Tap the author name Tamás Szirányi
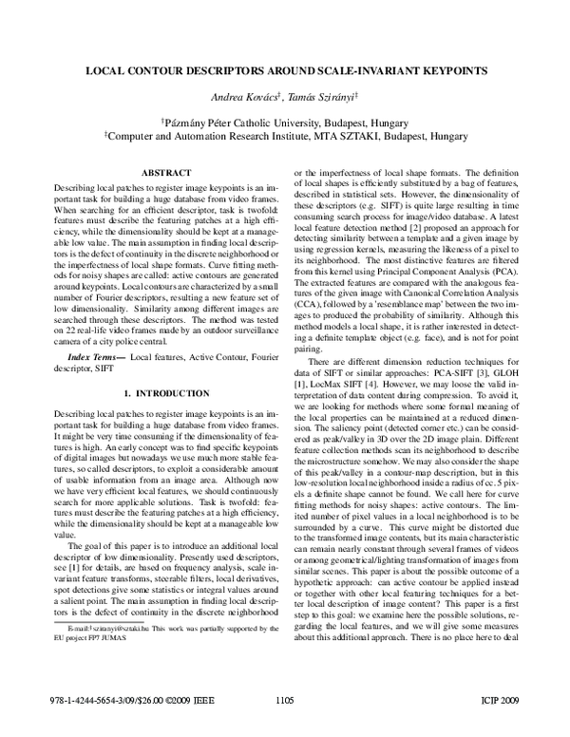click(320, 99)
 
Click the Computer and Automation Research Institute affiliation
click(285, 136)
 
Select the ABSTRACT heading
click(166, 172)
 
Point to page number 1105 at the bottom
click(284, 727)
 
